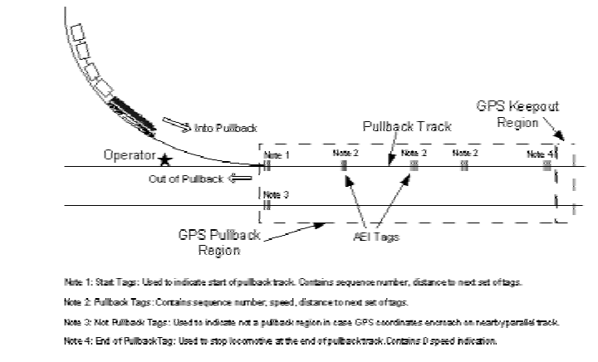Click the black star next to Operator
[x=165, y=158]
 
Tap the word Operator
[x=130, y=155]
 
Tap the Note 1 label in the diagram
[x=277, y=154]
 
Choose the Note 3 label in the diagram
[x=277, y=194]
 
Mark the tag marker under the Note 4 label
[x=547, y=165]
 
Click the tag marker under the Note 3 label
[x=267, y=205]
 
